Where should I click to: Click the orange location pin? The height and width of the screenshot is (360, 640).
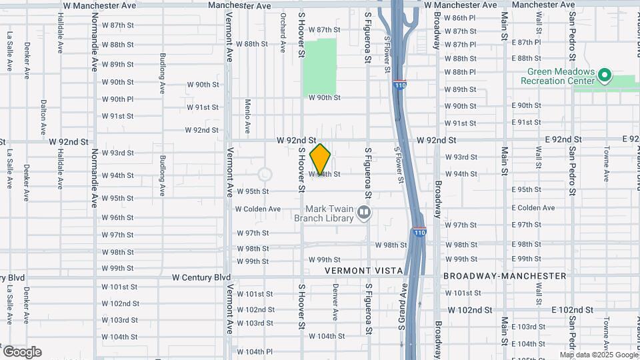coord(321,159)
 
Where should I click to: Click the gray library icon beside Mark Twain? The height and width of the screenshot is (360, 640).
coord(364,213)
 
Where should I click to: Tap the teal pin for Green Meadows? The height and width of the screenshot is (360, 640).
coord(605,75)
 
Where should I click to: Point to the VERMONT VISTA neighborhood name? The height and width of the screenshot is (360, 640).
coord(364,271)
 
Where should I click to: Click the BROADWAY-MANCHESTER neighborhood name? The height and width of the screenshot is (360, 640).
coord(505,276)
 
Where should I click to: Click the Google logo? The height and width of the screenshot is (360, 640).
coord(22,352)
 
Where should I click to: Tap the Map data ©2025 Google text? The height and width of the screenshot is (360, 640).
coord(598,355)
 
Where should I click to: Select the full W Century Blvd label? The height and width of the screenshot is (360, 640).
coord(201,277)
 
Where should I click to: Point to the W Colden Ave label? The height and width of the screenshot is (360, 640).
coord(258,209)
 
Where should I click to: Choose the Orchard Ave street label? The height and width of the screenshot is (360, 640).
coord(283,26)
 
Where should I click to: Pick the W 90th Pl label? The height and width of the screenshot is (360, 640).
coord(118,99)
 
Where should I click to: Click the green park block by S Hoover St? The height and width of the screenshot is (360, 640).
coord(320,67)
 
